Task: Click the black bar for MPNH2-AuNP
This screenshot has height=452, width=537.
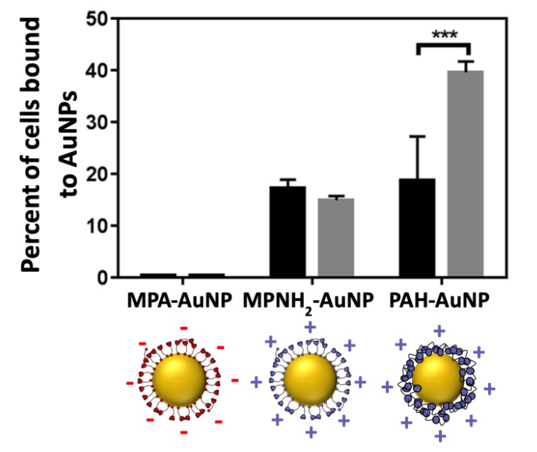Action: pyautogui.click(x=287, y=231)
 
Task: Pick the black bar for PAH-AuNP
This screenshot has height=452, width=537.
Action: pyautogui.click(x=418, y=228)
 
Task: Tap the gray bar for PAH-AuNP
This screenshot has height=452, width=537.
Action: pyautogui.click(x=465, y=174)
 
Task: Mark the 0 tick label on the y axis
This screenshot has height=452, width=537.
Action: pyautogui.click(x=101, y=278)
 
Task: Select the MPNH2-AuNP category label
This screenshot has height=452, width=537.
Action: pyautogui.click(x=311, y=300)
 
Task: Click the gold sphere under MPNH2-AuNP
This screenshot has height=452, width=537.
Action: pyautogui.click(x=309, y=380)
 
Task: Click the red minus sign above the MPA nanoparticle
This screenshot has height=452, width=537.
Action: pyautogui.click(x=183, y=328)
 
